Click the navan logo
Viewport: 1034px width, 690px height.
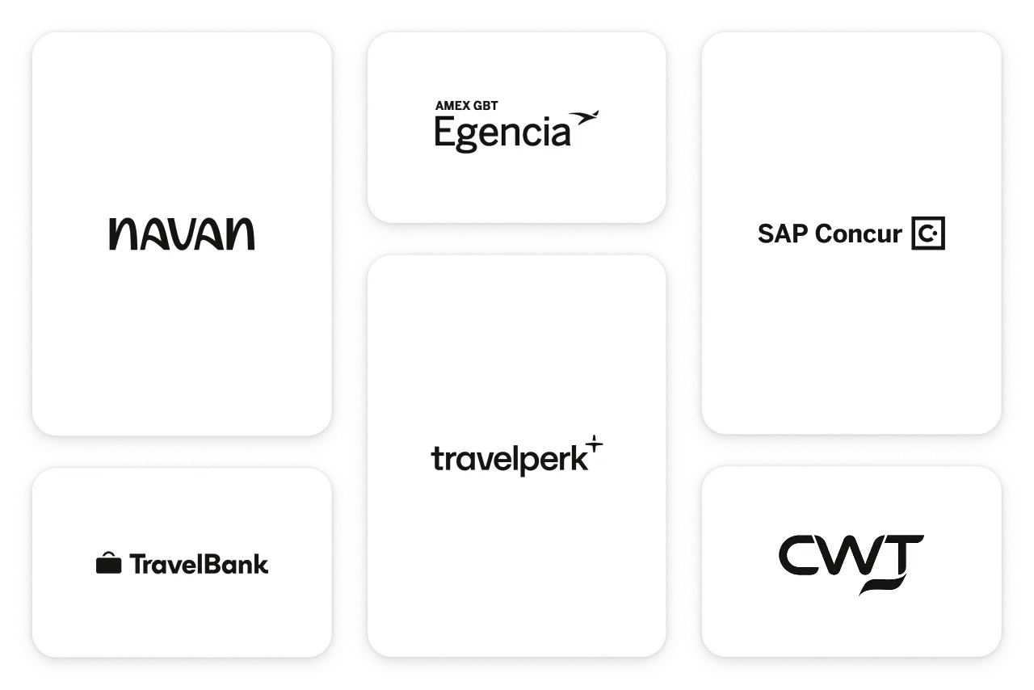click(x=182, y=234)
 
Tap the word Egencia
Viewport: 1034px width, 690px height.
click(x=502, y=133)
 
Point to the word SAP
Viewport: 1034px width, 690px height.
click(x=783, y=234)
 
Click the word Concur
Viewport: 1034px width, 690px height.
click(x=858, y=234)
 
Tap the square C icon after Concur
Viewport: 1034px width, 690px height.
click(x=927, y=234)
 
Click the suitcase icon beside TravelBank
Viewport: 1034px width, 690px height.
click(x=108, y=563)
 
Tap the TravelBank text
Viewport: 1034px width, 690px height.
click(x=199, y=564)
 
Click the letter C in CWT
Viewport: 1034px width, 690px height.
click(x=800, y=554)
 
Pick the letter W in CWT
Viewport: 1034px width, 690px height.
click(x=849, y=554)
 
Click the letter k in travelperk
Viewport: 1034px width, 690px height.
click(x=578, y=458)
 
